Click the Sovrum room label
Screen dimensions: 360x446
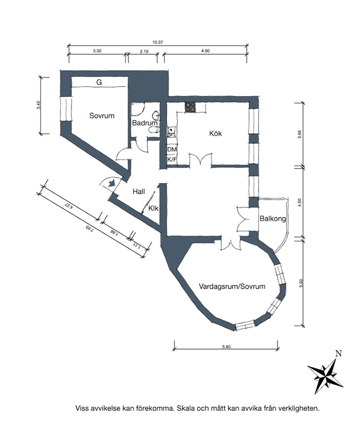[101, 116]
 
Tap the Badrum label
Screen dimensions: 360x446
[145, 123]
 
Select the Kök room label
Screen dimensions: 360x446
[216, 133]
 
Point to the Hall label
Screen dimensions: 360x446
[139, 191]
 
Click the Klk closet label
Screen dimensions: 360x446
[153, 208]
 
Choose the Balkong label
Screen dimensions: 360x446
[272, 219]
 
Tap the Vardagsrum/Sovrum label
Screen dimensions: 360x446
[232, 286]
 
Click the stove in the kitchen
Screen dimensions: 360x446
[190, 107]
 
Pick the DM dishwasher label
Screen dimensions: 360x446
[172, 149]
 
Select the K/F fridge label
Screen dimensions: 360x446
[172, 160]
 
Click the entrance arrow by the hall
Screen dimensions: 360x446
[111, 182]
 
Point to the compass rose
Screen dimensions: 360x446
[325, 376]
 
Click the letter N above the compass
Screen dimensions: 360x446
[338, 354]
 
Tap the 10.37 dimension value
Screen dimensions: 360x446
[158, 43]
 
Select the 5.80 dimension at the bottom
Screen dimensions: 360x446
[226, 347]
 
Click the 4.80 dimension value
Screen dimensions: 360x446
[205, 51]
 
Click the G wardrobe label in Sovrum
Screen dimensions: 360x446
[99, 83]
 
